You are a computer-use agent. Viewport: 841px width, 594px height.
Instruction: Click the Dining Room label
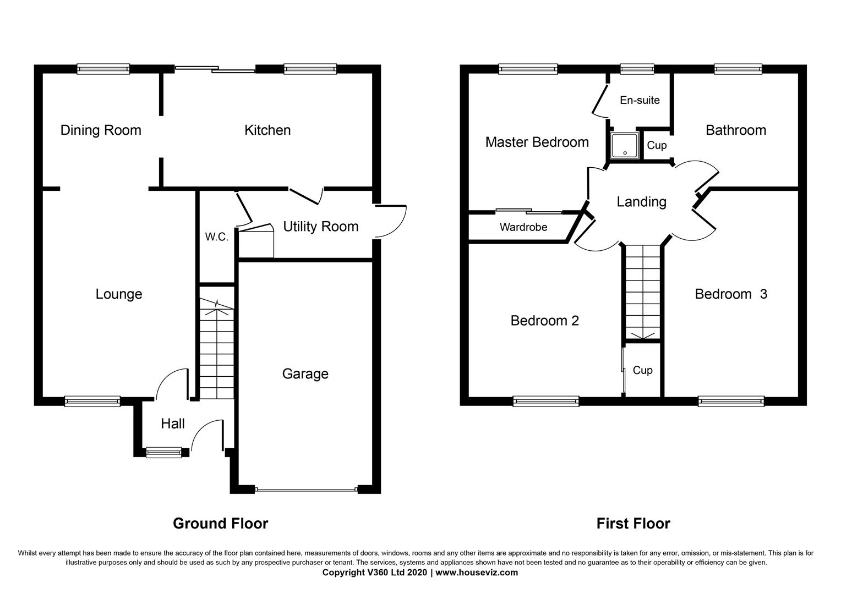click(x=101, y=130)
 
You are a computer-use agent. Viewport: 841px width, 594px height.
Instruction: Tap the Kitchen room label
click(x=267, y=130)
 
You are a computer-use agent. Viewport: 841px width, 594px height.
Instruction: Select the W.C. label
click(x=216, y=237)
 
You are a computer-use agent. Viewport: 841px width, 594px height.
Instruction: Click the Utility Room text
click(x=320, y=227)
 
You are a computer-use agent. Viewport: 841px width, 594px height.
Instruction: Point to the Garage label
click(x=305, y=374)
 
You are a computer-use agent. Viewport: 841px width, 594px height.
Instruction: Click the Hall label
click(x=172, y=424)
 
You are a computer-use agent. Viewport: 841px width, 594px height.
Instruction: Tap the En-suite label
click(x=640, y=100)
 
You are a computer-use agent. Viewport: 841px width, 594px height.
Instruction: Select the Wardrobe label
click(x=523, y=227)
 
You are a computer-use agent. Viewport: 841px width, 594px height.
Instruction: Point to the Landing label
click(x=641, y=202)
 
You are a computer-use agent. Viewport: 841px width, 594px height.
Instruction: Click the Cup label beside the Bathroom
click(x=657, y=145)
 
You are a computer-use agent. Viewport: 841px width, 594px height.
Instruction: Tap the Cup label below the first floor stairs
click(x=642, y=370)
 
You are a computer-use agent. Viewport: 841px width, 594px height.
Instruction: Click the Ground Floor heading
click(x=220, y=523)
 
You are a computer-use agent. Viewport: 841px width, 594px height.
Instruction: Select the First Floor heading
click(x=633, y=523)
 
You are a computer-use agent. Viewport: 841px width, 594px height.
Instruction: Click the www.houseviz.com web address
click(x=477, y=573)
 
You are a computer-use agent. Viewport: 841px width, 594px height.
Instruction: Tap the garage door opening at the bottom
click(x=306, y=489)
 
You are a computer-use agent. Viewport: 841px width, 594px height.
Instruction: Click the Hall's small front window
click(x=163, y=453)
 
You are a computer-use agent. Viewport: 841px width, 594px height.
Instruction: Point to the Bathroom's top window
click(x=738, y=69)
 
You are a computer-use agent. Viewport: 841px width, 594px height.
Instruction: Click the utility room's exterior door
click(x=390, y=221)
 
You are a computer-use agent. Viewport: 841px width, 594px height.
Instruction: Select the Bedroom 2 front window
click(x=545, y=401)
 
